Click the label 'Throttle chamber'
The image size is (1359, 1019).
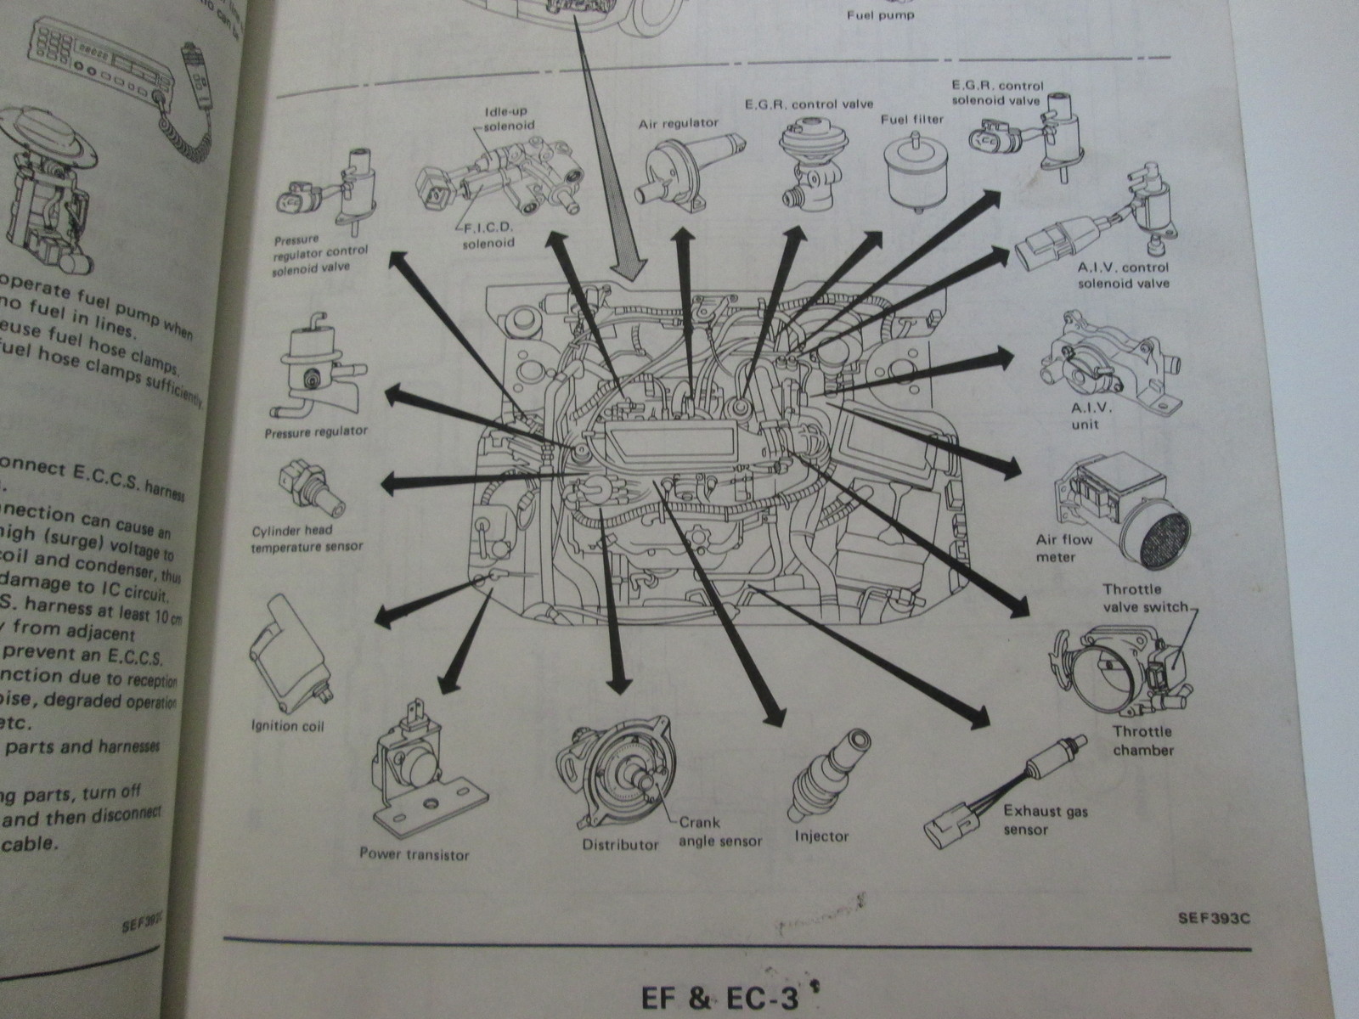[1142, 740]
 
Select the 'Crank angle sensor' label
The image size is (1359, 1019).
[720, 832]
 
